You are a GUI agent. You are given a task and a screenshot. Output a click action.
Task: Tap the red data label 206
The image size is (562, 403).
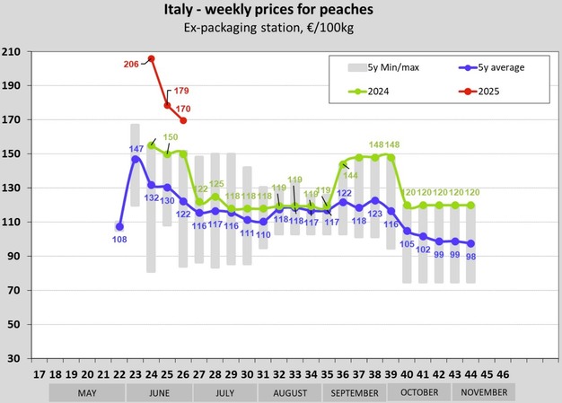pos(131,64)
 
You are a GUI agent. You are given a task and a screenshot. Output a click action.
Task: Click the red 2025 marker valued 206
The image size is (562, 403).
pos(151,59)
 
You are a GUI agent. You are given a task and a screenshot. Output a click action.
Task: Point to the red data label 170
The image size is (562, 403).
pos(183,110)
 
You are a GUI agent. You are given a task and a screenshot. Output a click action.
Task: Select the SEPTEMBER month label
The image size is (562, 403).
pos(355,392)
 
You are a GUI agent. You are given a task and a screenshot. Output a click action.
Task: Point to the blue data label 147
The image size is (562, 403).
pos(136,148)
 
